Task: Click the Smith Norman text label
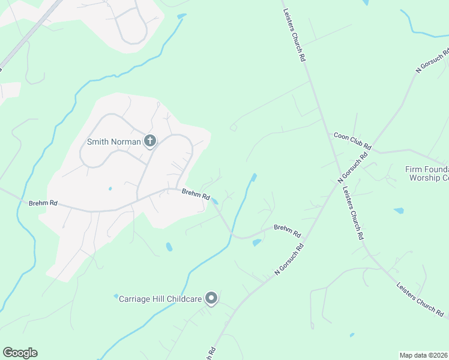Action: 114,142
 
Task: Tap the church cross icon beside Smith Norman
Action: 150,142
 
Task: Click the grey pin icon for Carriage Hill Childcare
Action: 211,298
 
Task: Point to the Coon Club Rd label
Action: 353,142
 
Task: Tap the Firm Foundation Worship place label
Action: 428,173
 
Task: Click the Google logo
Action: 20,353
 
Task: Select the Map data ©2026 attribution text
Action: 423,355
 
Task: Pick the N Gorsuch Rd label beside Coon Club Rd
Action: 352,167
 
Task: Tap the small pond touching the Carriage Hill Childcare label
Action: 116,296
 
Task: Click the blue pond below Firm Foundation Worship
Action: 399,211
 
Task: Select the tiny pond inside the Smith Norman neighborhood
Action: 110,188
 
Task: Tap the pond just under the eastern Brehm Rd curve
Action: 257,242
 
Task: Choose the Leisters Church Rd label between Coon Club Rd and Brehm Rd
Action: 353,213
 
